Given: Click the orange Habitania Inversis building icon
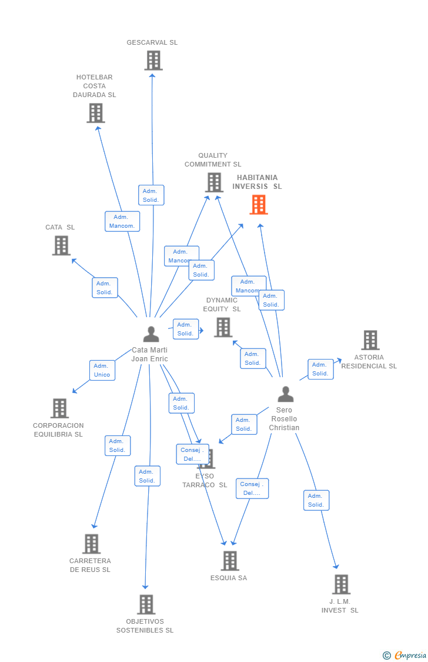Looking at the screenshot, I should pos(259,205).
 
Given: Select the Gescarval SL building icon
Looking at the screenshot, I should pos(153,61).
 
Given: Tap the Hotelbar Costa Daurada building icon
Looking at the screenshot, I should pos(95,113).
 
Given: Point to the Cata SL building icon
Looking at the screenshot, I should pos(61,245).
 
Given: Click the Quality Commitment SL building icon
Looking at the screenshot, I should pos(214,182).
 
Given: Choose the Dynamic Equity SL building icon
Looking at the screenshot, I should pos(223,327).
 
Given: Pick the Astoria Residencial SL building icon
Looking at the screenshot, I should pos(370,340).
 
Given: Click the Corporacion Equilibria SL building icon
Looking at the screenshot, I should pos(59,408).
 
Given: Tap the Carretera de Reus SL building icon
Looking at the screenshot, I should pos(91,544).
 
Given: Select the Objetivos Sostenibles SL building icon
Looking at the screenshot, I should pos(146,604).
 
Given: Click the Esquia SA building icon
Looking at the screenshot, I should pos(230,561).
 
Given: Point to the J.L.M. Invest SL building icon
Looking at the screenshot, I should pos(341,584).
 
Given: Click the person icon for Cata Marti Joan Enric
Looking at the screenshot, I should pos(151,334).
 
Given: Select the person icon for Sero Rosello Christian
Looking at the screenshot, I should pos(286,394).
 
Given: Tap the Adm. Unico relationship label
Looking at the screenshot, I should pos(102,370).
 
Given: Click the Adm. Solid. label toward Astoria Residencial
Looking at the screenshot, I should pos(320,369).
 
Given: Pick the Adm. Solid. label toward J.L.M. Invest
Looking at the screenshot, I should pos(316,500).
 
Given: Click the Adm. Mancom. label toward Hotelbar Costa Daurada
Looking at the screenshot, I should pos(122,221).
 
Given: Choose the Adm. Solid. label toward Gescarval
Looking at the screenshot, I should pos(151,195).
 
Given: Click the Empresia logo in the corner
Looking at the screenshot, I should pos(405,655).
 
